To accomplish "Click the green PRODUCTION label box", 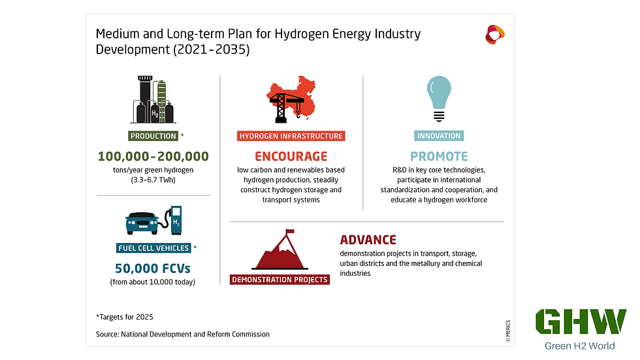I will coord(153,136).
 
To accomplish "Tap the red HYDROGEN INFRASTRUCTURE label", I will coord(291,136).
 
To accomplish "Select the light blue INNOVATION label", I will coord(438,136).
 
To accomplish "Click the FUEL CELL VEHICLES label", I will coord(153,248).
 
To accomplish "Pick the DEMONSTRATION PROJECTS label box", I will coord(280,280).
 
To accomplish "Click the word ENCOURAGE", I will coord(291,156).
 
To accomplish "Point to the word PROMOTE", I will coord(438,156).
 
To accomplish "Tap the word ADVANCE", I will coord(368,240).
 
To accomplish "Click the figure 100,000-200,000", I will coord(153,156).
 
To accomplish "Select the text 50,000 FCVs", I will coord(153,268).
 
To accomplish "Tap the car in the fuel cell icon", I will coord(142,222).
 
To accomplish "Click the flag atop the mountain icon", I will coord(290,231).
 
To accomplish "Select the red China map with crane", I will coord(291,101).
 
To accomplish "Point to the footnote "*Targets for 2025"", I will coord(124,317).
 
